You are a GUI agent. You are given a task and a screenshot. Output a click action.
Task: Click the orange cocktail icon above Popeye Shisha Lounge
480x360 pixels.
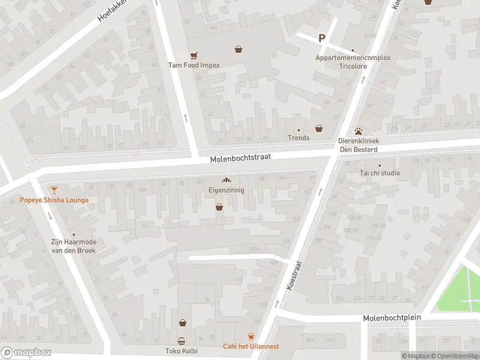click(x=54, y=190)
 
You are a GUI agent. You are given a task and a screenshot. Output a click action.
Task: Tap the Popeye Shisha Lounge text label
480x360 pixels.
click(x=54, y=200)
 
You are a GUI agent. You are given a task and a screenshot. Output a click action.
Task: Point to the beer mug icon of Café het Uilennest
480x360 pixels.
click(x=251, y=337)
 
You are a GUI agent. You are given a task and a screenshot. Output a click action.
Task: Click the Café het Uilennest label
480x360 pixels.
click(x=251, y=346)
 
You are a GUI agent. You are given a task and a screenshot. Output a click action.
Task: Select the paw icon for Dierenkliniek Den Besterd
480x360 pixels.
click(x=358, y=130)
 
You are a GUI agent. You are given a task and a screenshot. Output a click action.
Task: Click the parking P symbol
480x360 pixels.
click(x=322, y=38)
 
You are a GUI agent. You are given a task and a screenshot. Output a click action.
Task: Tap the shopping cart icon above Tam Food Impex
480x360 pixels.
click(x=193, y=55)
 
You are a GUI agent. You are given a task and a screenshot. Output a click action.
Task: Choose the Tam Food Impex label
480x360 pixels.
click(x=194, y=65)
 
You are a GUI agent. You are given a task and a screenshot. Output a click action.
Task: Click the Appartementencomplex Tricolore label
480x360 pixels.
click(x=353, y=62)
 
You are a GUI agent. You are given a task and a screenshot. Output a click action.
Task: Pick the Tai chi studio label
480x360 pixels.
click(x=379, y=173)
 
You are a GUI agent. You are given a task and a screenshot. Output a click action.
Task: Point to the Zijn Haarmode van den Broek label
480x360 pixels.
click(x=73, y=245)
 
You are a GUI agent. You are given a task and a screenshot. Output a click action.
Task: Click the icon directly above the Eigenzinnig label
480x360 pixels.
click(x=226, y=180)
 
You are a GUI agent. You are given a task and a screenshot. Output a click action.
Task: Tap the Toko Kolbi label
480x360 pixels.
click(x=182, y=351)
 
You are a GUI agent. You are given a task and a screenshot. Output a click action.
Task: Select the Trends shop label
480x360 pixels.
click(x=298, y=138)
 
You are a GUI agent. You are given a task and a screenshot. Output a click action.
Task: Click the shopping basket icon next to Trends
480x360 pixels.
click(x=319, y=128)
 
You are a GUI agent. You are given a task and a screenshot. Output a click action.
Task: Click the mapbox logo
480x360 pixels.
click(x=26, y=353)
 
